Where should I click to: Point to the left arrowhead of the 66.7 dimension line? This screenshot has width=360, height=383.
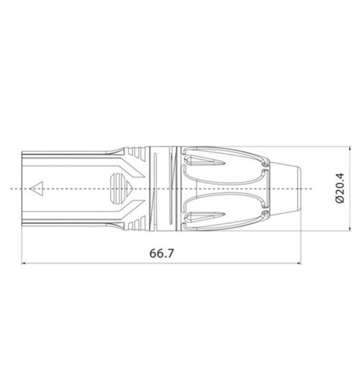click(x=26, y=263)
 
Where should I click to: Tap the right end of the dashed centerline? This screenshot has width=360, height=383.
click(x=321, y=189)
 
